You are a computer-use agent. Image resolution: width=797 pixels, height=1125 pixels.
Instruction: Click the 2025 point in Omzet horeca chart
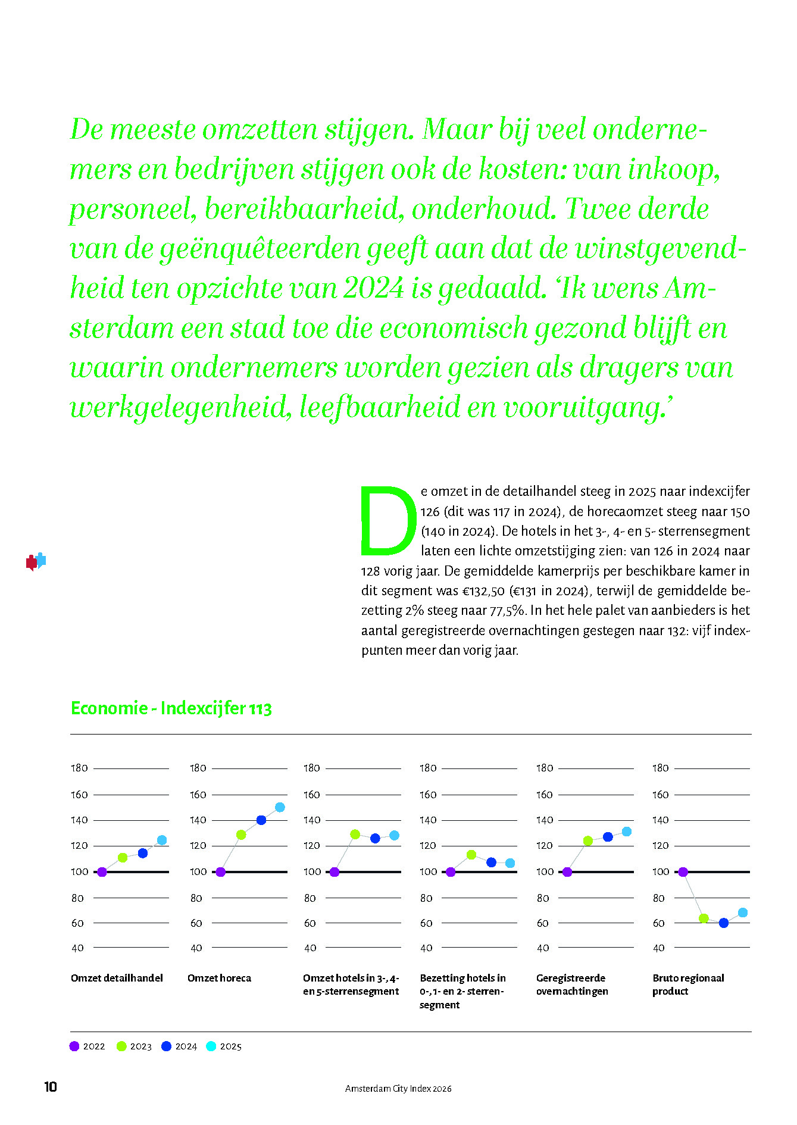[280, 807]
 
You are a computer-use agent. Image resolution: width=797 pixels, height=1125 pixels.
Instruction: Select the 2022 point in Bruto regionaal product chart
[683, 872]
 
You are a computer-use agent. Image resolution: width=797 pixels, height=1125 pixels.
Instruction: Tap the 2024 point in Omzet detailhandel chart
[142, 853]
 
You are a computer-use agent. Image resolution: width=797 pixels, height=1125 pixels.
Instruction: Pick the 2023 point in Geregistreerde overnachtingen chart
[588, 840]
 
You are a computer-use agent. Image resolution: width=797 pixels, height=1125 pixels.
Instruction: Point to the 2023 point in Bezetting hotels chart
[471, 854]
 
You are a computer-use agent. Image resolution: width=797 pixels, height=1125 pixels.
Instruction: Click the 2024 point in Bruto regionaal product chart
[724, 923]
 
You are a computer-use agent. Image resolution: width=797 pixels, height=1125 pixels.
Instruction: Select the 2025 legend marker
[211, 1046]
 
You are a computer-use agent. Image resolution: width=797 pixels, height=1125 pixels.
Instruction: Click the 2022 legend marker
[74, 1046]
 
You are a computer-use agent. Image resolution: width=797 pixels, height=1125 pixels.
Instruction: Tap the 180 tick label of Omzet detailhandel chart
[79, 768]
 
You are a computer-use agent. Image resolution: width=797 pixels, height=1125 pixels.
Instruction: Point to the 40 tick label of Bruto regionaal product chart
[658, 948]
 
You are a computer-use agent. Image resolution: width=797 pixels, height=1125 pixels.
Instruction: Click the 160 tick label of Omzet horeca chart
[198, 795]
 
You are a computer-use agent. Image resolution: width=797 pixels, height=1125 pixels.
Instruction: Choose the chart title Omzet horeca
[219, 978]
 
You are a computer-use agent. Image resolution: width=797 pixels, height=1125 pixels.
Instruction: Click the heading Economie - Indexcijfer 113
[171, 708]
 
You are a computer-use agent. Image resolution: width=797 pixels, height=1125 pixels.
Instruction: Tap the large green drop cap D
[388, 520]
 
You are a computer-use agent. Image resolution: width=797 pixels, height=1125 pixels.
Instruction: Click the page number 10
[51, 1087]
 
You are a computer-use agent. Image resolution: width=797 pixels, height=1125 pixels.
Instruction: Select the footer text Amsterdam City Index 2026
[398, 1088]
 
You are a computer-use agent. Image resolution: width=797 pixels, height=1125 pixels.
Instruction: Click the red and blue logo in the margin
[36, 561]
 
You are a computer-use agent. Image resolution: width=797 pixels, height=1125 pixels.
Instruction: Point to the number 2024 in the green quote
[374, 288]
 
